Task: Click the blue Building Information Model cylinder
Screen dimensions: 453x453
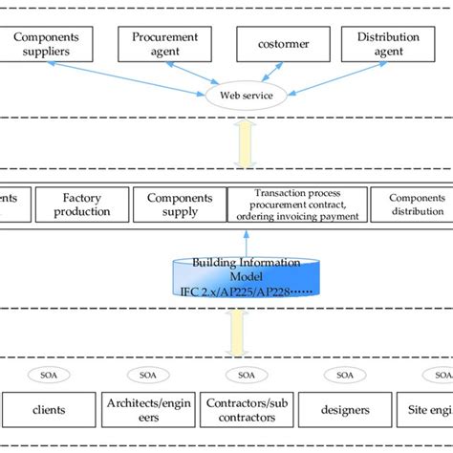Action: coord(247,276)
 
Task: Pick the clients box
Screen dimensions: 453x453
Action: coord(48,410)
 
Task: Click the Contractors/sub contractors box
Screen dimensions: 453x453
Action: coord(247,410)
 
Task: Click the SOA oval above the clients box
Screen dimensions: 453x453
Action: coord(48,374)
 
